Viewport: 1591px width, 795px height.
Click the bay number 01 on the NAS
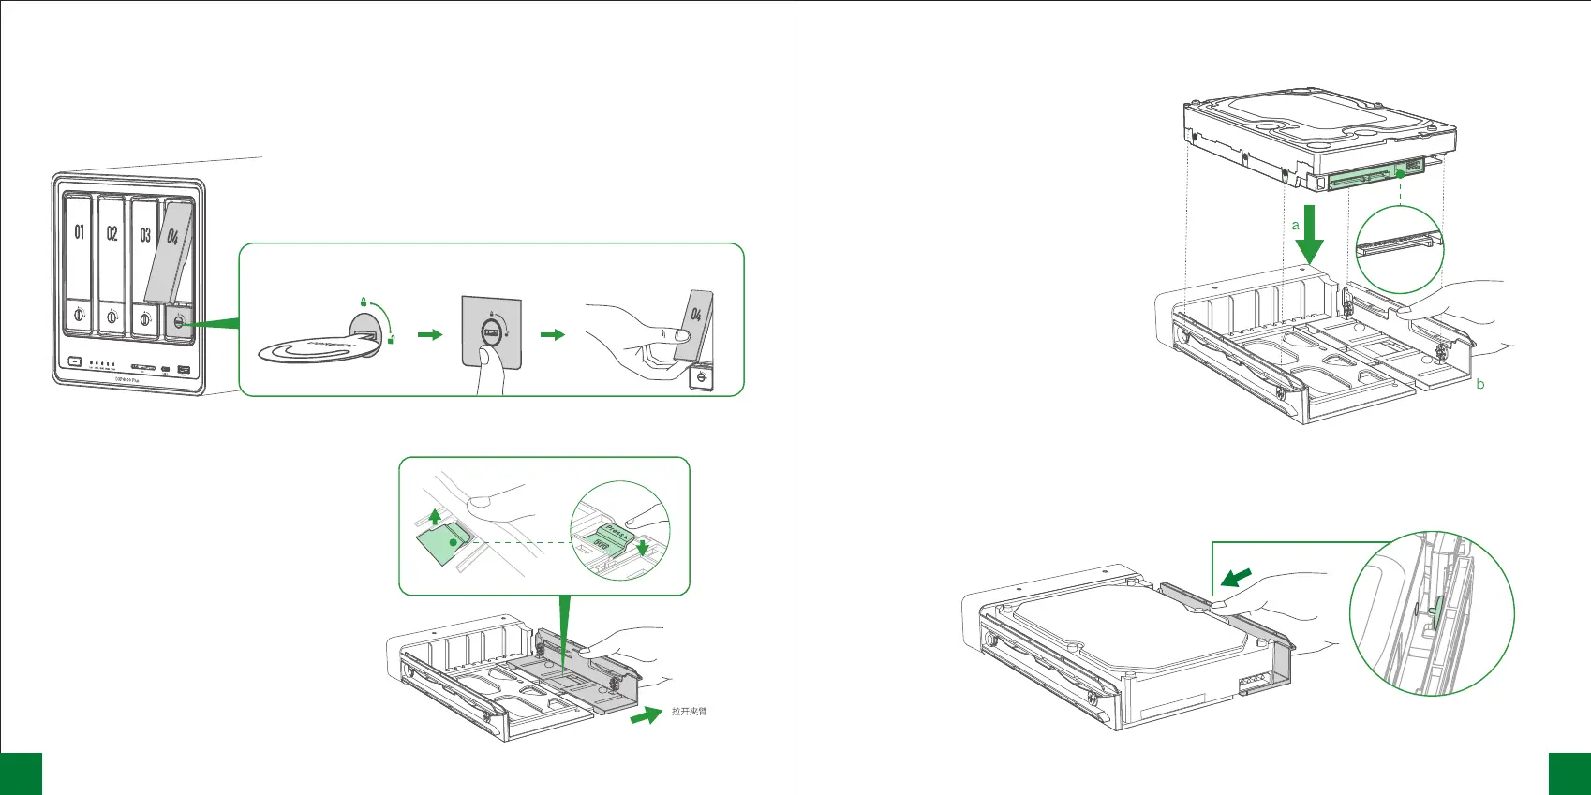coord(79,232)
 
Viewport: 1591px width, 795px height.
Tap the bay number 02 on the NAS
coord(112,233)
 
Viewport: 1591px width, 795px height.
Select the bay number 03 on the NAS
coord(144,234)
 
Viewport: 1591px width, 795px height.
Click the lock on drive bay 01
coord(80,317)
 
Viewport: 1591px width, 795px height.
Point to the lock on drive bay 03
coord(144,318)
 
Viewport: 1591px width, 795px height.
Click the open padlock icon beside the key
coord(391,339)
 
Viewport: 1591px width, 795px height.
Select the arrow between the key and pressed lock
coord(429,334)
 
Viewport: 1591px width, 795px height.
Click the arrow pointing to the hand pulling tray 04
coord(553,334)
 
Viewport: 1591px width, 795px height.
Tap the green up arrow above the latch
coord(434,516)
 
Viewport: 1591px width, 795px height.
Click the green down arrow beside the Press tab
coord(642,547)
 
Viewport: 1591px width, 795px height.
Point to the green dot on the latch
coord(454,542)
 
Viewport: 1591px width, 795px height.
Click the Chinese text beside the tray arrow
coord(689,712)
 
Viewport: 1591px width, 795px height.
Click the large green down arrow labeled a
coord(1310,236)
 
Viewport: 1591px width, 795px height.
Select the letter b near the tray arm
coord(1480,384)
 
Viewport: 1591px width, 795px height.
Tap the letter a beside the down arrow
coord(1296,225)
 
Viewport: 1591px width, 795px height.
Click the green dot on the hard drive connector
coord(1400,172)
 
